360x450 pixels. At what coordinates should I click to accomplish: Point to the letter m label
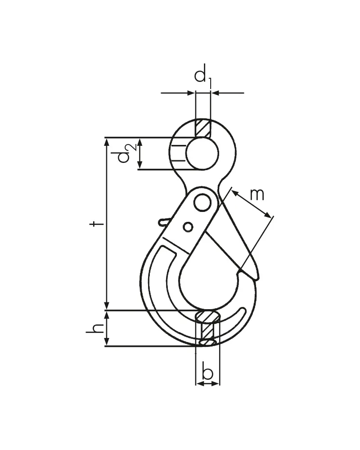tap(257, 194)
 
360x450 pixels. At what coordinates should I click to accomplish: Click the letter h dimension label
tap(95, 328)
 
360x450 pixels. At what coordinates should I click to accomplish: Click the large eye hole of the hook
tap(202, 153)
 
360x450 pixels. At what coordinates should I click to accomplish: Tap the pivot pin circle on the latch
tap(202, 203)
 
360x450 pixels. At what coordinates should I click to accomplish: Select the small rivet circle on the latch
tap(188, 227)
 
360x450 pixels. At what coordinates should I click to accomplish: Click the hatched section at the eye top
tap(202, 128)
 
